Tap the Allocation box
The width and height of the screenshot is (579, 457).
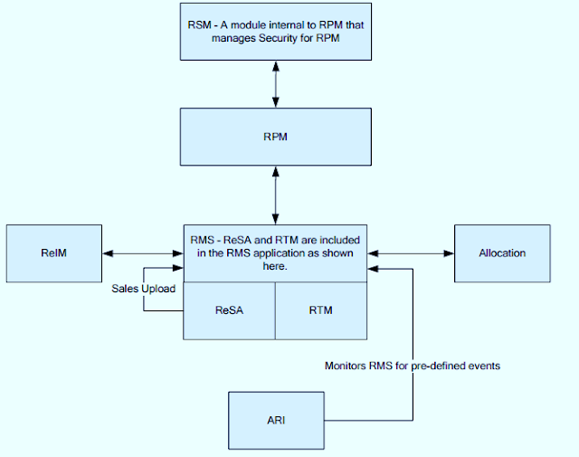(x=502, y=253)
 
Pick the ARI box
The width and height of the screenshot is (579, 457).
(x=276, y=421)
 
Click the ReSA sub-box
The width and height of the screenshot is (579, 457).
(x=229, y=310)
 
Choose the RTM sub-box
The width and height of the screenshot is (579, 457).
(x=321, y=310)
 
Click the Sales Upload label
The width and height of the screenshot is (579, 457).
(x=143, y=289)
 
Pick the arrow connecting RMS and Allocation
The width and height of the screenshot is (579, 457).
(x=410, y=253)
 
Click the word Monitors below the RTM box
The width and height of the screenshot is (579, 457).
(x=348, y=366)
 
